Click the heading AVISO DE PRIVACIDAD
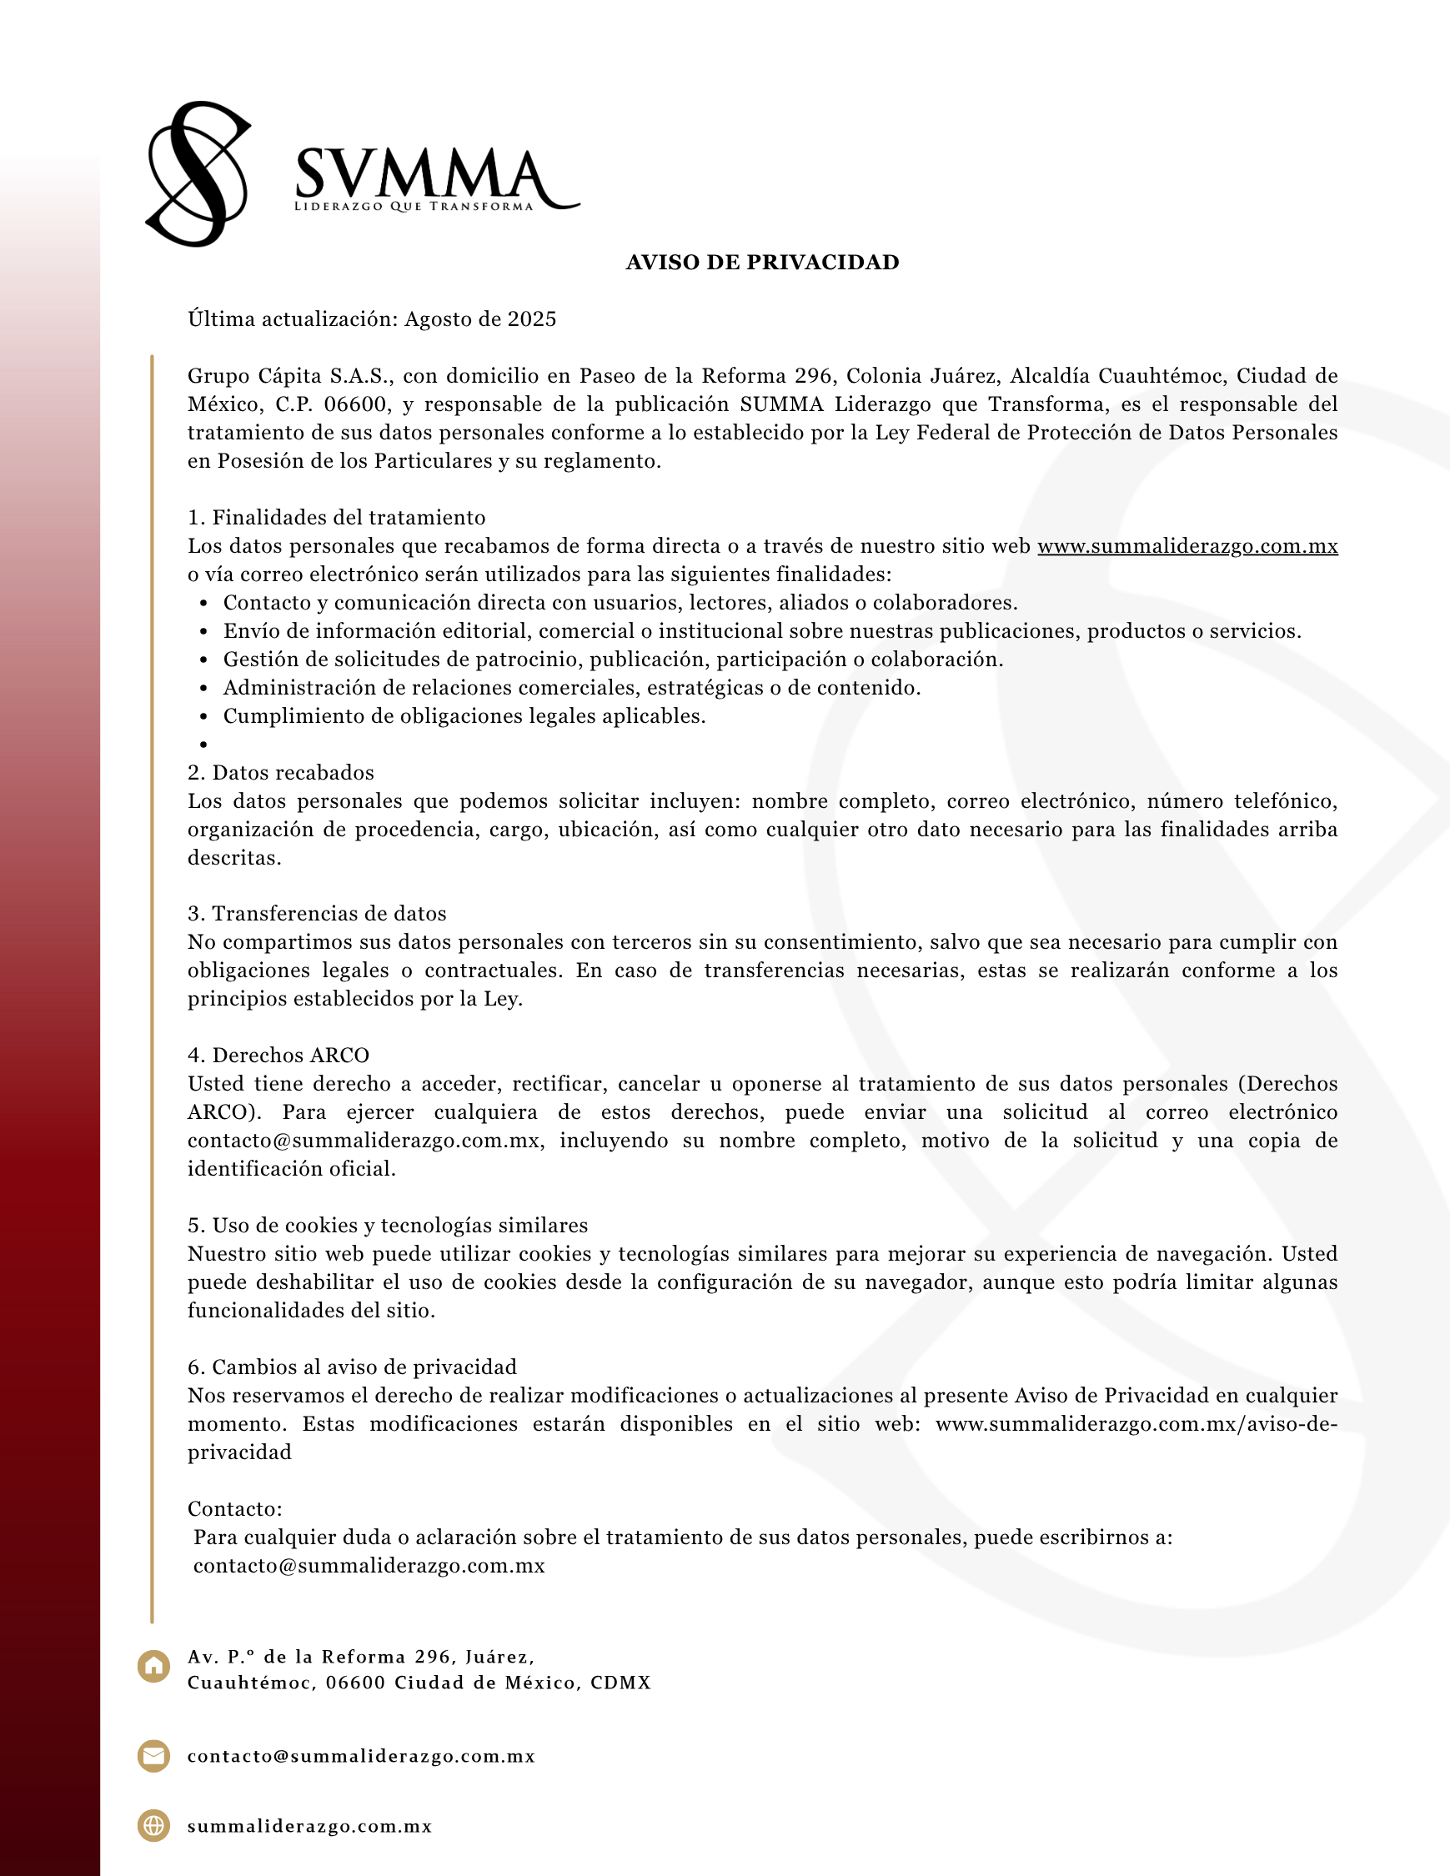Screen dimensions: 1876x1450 coord(762,263)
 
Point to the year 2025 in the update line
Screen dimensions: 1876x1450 coord(532,319)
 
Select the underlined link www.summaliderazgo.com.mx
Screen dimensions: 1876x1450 coord(1187,546)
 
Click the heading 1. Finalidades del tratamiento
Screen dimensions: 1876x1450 coord(337,518)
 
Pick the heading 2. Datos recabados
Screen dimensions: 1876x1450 coord(281,773)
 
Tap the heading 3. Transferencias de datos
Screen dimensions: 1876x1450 coord(317,914)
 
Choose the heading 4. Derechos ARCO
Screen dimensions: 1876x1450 coord(278,1056)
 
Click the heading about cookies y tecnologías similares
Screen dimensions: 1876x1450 coord(388,1226)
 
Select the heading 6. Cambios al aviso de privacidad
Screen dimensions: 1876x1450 coord(352,1367)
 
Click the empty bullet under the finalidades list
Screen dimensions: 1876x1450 coord(203,745)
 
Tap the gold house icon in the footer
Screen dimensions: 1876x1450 coord(153,1667)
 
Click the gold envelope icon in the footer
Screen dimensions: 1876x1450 coord(153,1756)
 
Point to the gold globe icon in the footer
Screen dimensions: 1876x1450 coord(153,1826)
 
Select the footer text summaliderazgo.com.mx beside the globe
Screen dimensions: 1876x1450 coord(309,1827)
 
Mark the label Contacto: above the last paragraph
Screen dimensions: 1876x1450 coord(234,1509)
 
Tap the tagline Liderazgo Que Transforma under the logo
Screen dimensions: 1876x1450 coord(414,207)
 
